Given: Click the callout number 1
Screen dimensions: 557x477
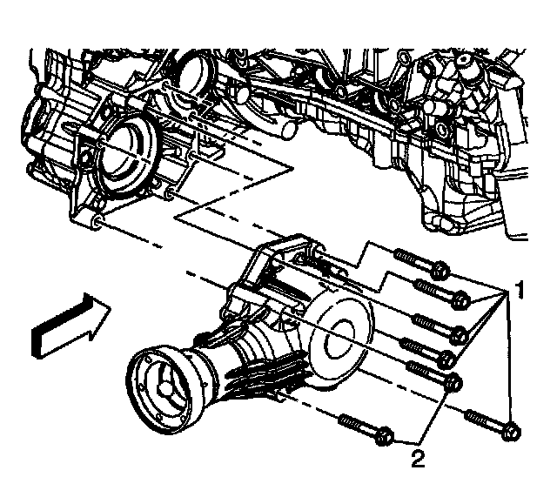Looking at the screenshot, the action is tap(519, 288).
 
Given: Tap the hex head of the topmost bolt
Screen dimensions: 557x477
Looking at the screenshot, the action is tap(439, 270).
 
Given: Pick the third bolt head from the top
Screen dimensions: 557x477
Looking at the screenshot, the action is tap(462, 333).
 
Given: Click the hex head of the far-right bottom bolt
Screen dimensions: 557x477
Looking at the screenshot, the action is tap(512, 429).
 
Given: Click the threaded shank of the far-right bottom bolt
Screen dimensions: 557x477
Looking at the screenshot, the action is tap(483, 419).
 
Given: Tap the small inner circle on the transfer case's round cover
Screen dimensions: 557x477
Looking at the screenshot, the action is tap(339, 330).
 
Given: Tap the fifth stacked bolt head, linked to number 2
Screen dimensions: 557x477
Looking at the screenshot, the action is tap(452, 381).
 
